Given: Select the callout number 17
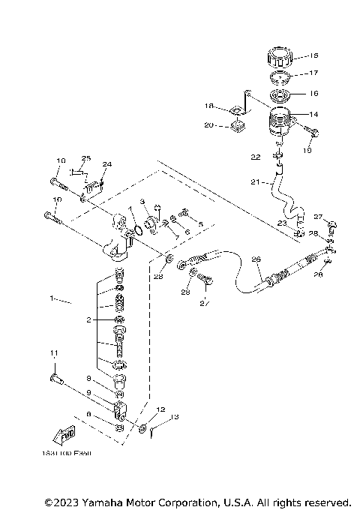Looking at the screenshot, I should pyautogui.click(x=313, y=73).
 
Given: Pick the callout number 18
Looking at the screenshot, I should pyautogui.click(x=209, y=106).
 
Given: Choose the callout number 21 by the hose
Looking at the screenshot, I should pyautogui.click(x=254, y=182).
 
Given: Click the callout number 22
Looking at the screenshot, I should pyautogui.click(x=256, y=157).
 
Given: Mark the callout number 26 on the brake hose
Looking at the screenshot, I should pyautogui.click(x=256, y=259).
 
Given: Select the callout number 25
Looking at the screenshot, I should pyautogui.click(x=86, y=158).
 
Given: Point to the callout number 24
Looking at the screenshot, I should pyautogui.click(x=106, y=163).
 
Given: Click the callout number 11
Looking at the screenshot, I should pyautogui.click(x=53, y=352).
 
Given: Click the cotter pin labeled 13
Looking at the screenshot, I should pyautogui.click(x=154, y=430).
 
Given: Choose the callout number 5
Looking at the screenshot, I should pyautogui.click(x=201, y=223).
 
